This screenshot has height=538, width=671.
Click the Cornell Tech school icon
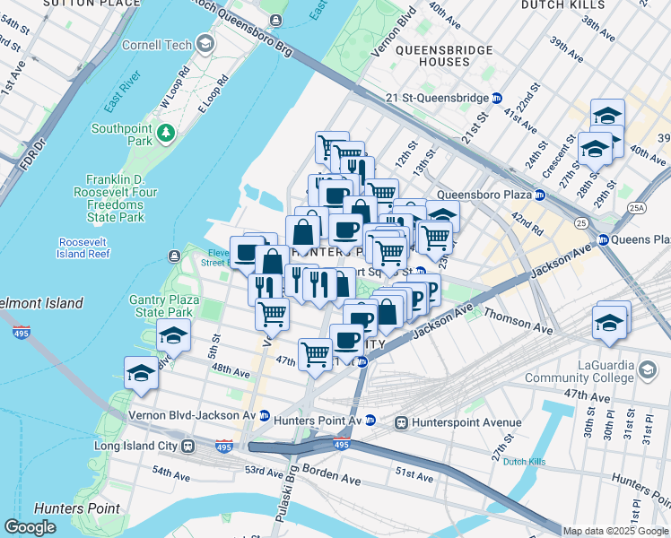205,44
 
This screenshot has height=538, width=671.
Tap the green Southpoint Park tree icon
165,134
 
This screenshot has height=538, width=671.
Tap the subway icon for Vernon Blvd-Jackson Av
265,415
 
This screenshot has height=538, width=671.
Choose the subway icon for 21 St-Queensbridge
496,98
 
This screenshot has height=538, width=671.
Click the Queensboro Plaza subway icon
540,194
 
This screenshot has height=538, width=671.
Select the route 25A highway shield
637,208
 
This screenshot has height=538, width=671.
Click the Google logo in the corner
30,527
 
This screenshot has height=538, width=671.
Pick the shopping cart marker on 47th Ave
315,353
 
